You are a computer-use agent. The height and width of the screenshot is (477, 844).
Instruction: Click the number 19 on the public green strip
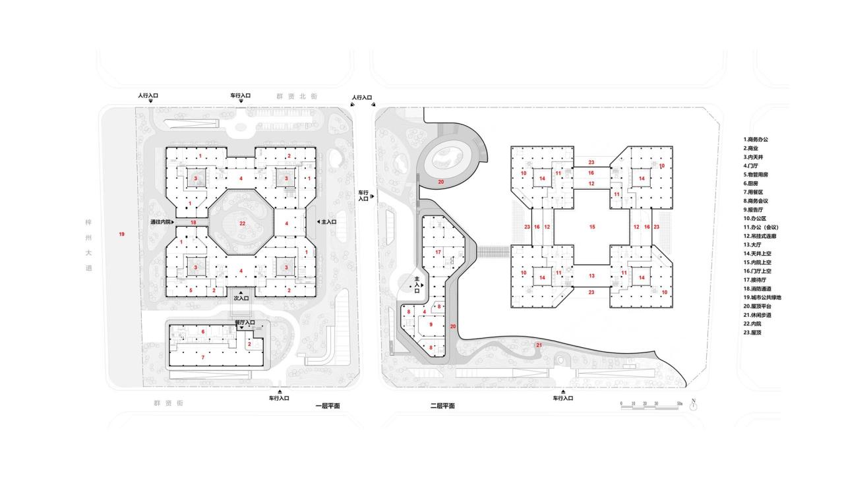point(121,235)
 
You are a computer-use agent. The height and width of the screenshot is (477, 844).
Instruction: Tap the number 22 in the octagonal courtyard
point(242,224)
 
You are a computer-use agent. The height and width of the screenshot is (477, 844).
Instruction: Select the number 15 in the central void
point(591,227)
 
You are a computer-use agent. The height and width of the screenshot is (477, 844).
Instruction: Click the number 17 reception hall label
point(438,252)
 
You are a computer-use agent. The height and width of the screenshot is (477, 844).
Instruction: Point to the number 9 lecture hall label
point(431,325)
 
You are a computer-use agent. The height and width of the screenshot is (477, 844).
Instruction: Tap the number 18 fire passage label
point(193,224)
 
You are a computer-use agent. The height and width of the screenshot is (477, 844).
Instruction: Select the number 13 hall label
point(591,276)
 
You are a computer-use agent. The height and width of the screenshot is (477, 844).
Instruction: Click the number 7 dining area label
point(202,357)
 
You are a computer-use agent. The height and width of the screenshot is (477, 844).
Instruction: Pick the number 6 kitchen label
point(202,332)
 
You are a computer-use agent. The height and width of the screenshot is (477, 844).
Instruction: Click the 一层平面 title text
point(328,407)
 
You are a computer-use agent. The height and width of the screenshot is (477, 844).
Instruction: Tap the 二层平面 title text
point(442,407)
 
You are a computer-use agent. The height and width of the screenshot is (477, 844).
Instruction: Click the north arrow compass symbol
point(693,405)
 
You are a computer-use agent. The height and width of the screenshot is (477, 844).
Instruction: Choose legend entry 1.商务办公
point(756,140)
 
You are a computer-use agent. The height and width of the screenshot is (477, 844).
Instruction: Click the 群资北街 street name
point(296,96)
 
